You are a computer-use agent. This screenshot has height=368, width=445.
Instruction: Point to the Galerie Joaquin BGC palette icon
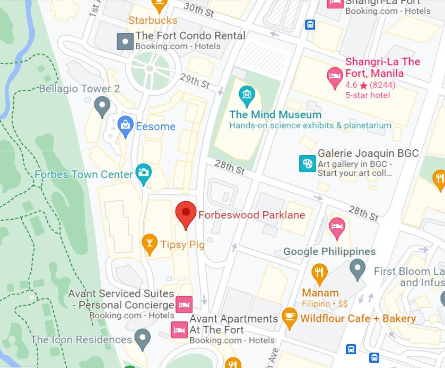click(x=307, y=163)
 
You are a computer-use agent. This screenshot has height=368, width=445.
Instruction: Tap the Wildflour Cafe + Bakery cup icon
click(x=289, y=318)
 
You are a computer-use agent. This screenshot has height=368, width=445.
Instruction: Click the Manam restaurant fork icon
click(x=319, y=273)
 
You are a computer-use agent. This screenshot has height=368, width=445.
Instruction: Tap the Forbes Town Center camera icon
click(x=143, y=172)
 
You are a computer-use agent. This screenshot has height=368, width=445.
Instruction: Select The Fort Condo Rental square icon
click(x=125, y=41)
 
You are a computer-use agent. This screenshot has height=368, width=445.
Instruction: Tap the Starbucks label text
click(x=153, y=21)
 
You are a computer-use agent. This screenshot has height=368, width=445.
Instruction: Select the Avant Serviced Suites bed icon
click(x=184, y=304)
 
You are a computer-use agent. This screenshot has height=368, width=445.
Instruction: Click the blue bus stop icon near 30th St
click(x=310, y=24)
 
